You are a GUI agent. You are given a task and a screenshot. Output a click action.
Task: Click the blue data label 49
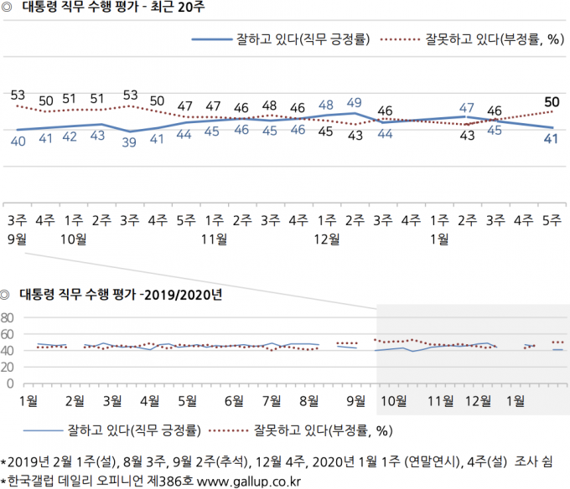[354, 103]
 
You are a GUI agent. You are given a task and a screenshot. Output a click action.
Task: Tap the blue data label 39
[129, 142]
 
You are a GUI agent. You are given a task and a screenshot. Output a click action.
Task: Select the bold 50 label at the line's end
[552, 102]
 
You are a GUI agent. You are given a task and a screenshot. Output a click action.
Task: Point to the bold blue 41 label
[551, 139]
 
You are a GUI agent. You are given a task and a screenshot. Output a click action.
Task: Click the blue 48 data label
[326, 105]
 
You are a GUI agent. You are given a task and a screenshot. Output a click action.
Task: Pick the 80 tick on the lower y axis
[8, 318]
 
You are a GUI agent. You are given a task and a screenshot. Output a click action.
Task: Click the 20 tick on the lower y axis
[8, 368]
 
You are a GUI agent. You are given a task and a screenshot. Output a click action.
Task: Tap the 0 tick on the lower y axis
[10, 383]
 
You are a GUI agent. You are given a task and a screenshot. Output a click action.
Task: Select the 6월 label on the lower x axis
[234, 401]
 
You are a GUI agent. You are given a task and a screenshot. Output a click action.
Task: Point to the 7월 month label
[272, 401]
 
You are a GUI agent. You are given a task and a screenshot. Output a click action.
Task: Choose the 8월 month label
[309, 401]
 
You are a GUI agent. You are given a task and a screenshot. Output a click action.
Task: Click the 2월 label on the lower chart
[75, 401]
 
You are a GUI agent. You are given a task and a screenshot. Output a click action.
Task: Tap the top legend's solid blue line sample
[212, 39]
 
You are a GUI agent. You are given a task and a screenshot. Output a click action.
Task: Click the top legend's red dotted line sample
[400, 39]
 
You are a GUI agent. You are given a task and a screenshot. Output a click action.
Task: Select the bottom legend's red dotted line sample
[228, 431]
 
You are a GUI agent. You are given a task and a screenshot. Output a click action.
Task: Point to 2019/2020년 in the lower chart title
[184, 295]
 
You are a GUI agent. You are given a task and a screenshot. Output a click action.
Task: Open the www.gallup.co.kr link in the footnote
[249, 481]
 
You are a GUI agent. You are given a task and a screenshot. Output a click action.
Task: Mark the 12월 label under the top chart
[326, 239]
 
